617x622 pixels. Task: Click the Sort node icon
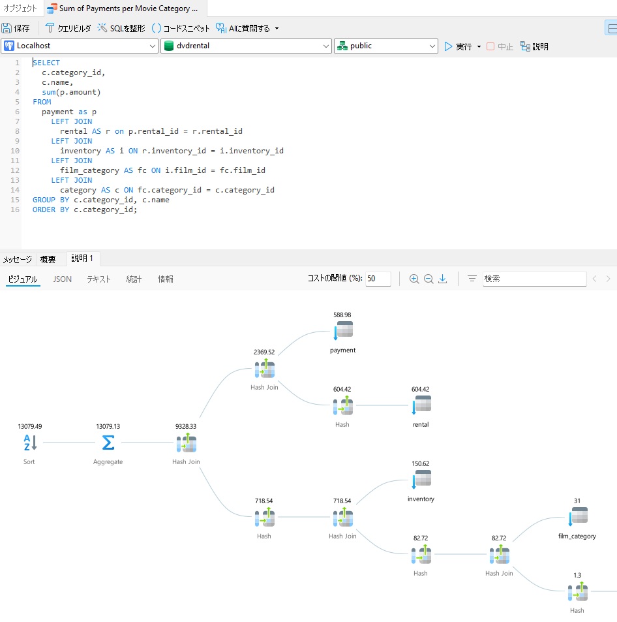coord(30,443)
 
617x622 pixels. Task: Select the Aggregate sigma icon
coord(108,443)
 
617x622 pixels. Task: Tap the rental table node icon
coord(421,405)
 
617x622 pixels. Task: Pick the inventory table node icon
coord(421,479)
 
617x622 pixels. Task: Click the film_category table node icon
coord(578,516)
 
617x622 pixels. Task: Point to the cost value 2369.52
coord(264,352)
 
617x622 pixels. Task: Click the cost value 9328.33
coord(186,426)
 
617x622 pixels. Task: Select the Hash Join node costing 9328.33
coord(187,443)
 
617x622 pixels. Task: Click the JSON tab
coord(62,279)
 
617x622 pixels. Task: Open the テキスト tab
coord(98,279)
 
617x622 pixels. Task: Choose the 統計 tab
coord(134,279)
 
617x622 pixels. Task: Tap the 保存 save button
coord(16,28)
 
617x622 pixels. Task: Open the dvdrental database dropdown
coord(247,46)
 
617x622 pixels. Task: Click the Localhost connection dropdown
coord(80,46)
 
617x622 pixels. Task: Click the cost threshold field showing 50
coord(378,279)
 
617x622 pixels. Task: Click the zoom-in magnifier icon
coord(414,279)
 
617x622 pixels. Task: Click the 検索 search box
coord(534,279)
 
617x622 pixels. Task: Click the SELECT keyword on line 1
coord(46,63)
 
